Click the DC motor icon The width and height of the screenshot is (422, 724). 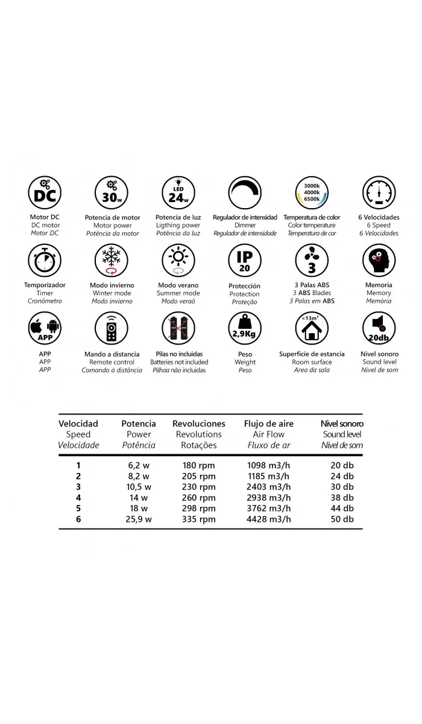pos(45,193)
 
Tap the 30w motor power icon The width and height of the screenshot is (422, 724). pos(112,193)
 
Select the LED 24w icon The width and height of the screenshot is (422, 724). pos(178,193)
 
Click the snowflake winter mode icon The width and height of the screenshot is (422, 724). pos(112,261)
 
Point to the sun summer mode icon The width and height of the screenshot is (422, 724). pos(178,261)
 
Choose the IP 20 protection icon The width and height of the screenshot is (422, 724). pos(245,261)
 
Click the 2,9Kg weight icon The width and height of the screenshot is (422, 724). pos(245,328)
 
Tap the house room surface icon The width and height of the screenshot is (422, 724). pos(312,328)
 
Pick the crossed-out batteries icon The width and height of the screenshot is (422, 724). pos(178,328)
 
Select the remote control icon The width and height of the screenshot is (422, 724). pos(112,328)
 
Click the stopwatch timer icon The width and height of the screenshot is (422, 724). pos(45,261)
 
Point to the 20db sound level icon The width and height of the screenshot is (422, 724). pos(379,328)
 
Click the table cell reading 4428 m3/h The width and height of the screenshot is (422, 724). pos(269,519)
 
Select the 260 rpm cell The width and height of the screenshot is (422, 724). pos(198,497)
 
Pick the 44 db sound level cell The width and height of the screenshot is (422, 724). pos(341,508)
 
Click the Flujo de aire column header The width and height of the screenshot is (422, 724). pos(269,424)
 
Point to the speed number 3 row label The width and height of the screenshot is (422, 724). pos(78,486)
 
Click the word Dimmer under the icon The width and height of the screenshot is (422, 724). pos(245,225)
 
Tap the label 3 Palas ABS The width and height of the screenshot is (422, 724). pos(312,285)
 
